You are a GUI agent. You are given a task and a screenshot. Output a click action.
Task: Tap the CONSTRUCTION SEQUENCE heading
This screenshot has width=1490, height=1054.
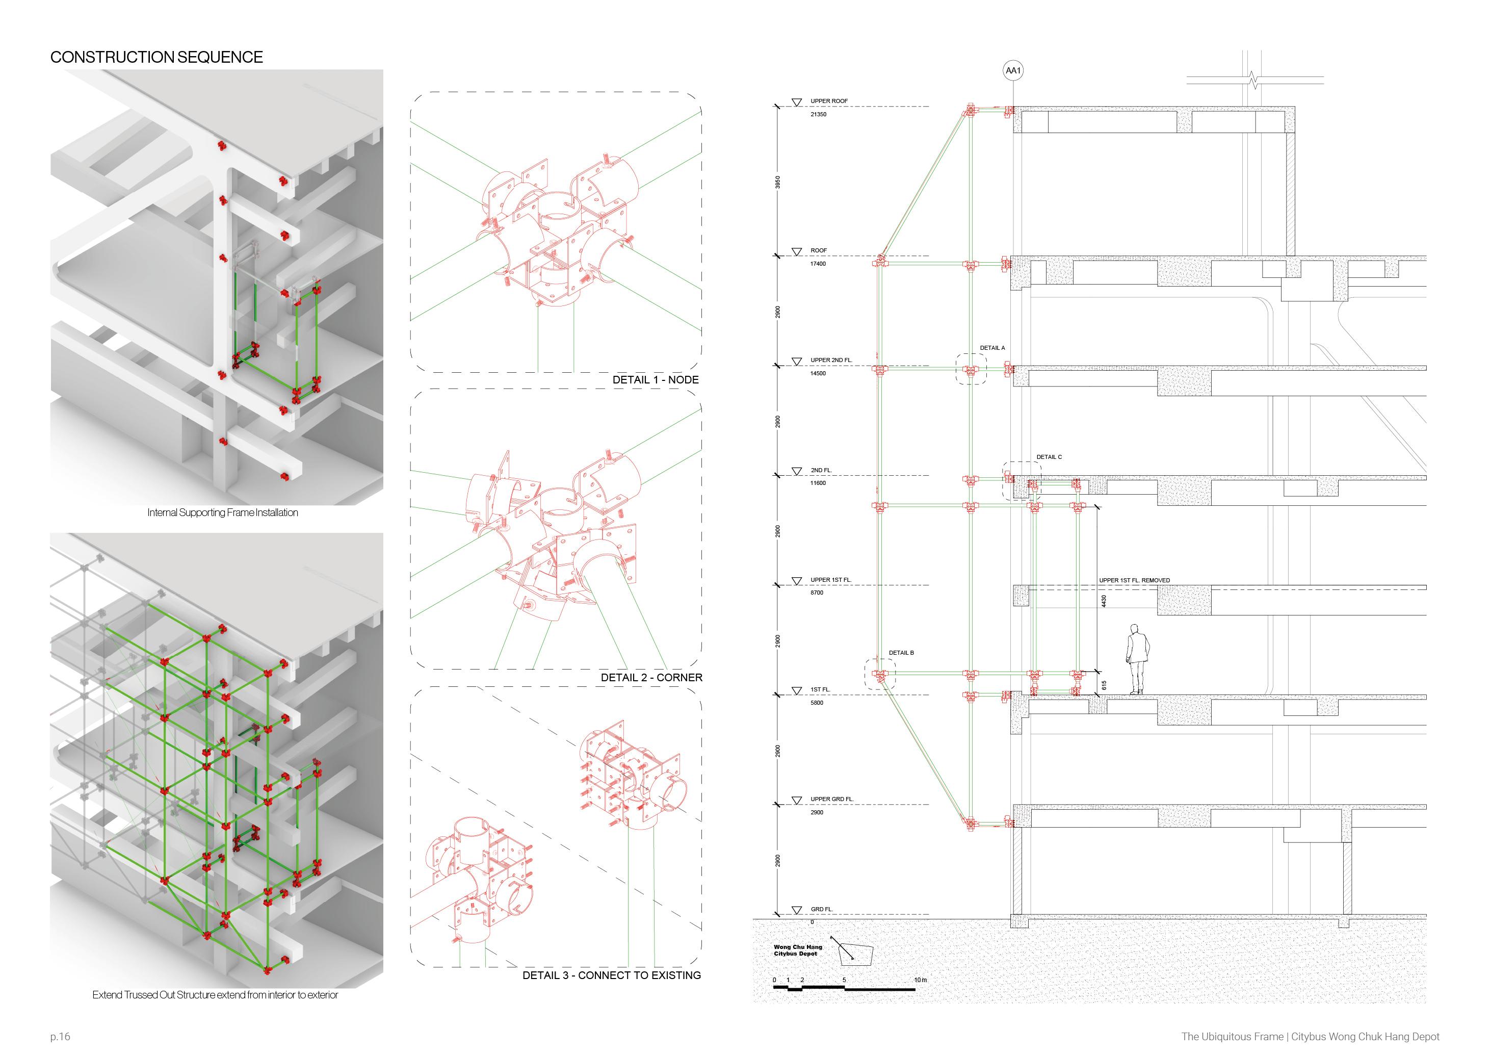click(x=156, y=57)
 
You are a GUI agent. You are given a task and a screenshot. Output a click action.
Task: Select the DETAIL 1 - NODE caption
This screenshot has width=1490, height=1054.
click(x=656, y=380)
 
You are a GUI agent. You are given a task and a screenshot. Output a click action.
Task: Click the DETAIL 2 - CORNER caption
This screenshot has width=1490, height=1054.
click(x=651, y=678)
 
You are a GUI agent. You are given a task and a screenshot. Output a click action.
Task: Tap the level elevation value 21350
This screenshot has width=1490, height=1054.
click(x=818, y=114)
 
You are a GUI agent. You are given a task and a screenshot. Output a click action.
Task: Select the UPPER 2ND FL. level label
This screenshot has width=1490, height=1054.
click(x=831, y=360)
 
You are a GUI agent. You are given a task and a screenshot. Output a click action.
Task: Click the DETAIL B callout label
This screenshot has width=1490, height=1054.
click(x=901, y=653)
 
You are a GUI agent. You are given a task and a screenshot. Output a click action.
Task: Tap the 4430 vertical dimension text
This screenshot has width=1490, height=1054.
click(x=1103, y=602)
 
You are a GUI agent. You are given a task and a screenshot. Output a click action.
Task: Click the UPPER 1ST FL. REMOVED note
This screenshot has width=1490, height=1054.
click(x=1134, y=580)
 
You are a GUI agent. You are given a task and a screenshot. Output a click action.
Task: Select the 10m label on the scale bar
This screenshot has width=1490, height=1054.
click(x=920, y=980)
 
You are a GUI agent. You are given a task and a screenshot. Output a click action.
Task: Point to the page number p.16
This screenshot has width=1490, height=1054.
click(x=60, y=1037)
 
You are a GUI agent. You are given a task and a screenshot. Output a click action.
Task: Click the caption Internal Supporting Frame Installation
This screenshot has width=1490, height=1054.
click(x=223, y=512)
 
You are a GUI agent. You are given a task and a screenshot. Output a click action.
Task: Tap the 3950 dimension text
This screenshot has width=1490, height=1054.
click(x=778, y=182)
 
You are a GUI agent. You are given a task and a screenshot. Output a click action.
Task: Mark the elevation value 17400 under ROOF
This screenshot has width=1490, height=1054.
click(x=818, y=264)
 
